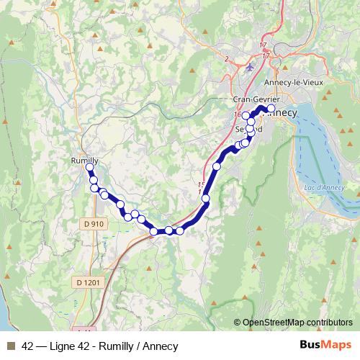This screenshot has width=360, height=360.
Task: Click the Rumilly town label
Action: click(85, 160)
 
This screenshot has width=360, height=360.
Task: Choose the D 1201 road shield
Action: click(89, 282)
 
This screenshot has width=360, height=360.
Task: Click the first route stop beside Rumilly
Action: click(90, 168)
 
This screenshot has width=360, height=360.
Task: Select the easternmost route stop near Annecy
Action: click(271, 109)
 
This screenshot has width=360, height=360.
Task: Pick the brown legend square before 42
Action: click(9, 346)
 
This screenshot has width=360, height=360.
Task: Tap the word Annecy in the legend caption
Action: click(161, 346)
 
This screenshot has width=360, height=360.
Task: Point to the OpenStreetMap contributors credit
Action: click(297, 323)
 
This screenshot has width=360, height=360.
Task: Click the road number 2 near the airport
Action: click(226, 58)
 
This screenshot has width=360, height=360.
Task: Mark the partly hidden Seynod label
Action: click(249, 129)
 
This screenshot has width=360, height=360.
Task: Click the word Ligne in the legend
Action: click(63, 346)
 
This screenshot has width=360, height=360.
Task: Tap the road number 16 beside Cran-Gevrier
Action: click(237, 114)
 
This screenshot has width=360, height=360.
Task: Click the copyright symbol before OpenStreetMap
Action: click(237, 323)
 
